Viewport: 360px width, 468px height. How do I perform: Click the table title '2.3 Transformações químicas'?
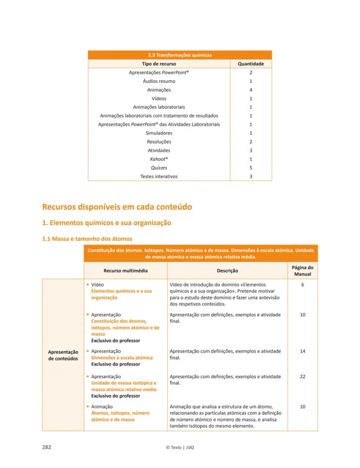pyautogui.click(x=180, y=55)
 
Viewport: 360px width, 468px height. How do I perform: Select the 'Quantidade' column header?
pyautogui.click(x=250, y=64)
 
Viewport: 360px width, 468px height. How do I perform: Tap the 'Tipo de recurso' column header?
pyautogui.click(x=159, y=64)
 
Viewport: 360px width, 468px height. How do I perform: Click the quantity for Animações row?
pyautogui.click(x=251, y=90)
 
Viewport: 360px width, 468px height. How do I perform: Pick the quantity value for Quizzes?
pyautogui.click(x=251, y=168)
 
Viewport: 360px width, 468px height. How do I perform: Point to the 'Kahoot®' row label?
pyautogui.click(x=159, y=159)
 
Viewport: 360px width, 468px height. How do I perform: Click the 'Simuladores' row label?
pyautogui.click(x=159, y=133)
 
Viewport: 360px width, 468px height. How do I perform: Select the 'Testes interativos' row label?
pyautogui.click(x=159, y=176)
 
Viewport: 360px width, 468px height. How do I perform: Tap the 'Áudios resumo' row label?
pyautogui.click(x=159, y=81)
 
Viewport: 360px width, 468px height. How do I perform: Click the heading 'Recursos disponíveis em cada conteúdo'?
pyautogui.click(x=117, y=207)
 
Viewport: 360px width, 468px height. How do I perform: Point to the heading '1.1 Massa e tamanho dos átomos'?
pyautogui.click(x=87, y=239)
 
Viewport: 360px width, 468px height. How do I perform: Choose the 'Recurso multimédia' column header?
pyautogui.click(x=125, y=271)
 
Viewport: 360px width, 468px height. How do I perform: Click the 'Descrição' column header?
pyautogui.click(x=227, y=271)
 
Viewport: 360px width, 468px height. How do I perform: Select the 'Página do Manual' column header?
pyautogui.click(x=302, y=271)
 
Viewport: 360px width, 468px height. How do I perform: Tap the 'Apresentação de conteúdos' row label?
pyautogui.click(x=63, y=355)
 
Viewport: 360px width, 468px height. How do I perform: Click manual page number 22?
pyautogui.click(x=302, y=377)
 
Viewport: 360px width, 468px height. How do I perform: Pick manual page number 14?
pyautogui.click(x=302, y=351)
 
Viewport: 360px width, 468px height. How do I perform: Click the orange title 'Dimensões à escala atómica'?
pyautogui.click(x=122, y=358)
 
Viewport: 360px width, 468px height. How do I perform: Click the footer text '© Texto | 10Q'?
pyautogui.click(x=180, y=448)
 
